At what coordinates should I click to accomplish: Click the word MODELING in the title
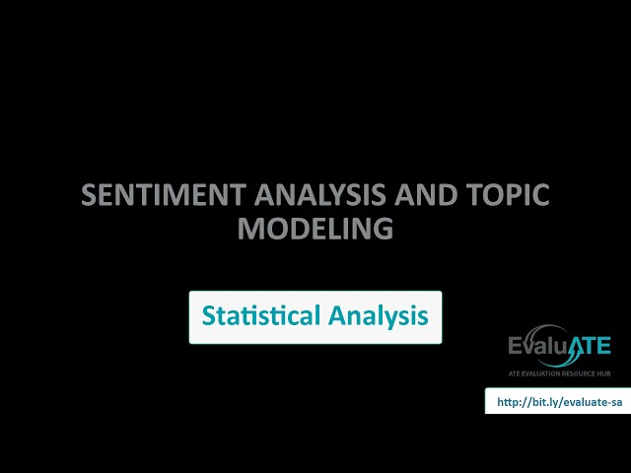point(315,229)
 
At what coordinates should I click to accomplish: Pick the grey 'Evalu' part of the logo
point(540,347)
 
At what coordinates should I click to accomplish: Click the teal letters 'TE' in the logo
point(598,347)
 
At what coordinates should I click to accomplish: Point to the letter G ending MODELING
point(383,229)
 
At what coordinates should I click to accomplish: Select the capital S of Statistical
point(209,316)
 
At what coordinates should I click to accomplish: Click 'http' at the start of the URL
point(508,402)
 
